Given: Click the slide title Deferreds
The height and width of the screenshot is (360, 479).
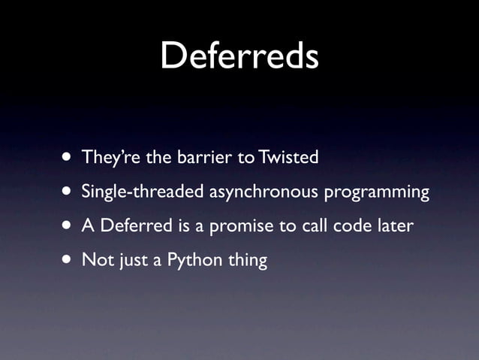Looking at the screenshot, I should tap(239, 56).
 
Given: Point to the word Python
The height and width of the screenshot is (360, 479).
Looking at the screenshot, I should tap(188, 262).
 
